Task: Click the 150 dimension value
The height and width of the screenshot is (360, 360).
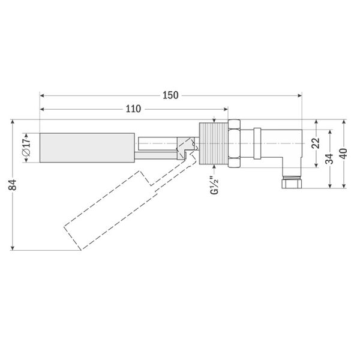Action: click(x=170, y=95)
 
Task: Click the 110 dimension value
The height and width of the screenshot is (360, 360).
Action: click(x=133, y=109)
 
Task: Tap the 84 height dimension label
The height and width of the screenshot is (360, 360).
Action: click(x=13, y=185)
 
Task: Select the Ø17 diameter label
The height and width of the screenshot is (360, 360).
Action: click(x=26, y=148)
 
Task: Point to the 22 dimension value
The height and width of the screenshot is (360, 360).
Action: click(x=317, y=143)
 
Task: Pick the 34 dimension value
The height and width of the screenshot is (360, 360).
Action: click(x=330, y=159)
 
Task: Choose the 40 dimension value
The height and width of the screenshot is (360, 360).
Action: click(x=343, y=154)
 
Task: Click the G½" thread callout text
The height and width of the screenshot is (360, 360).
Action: click(x=215, y=185)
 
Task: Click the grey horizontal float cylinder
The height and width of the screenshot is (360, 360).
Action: click(x=87, y=148)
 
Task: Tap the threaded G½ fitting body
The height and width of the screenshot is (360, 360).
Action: click(x=214, y=143)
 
